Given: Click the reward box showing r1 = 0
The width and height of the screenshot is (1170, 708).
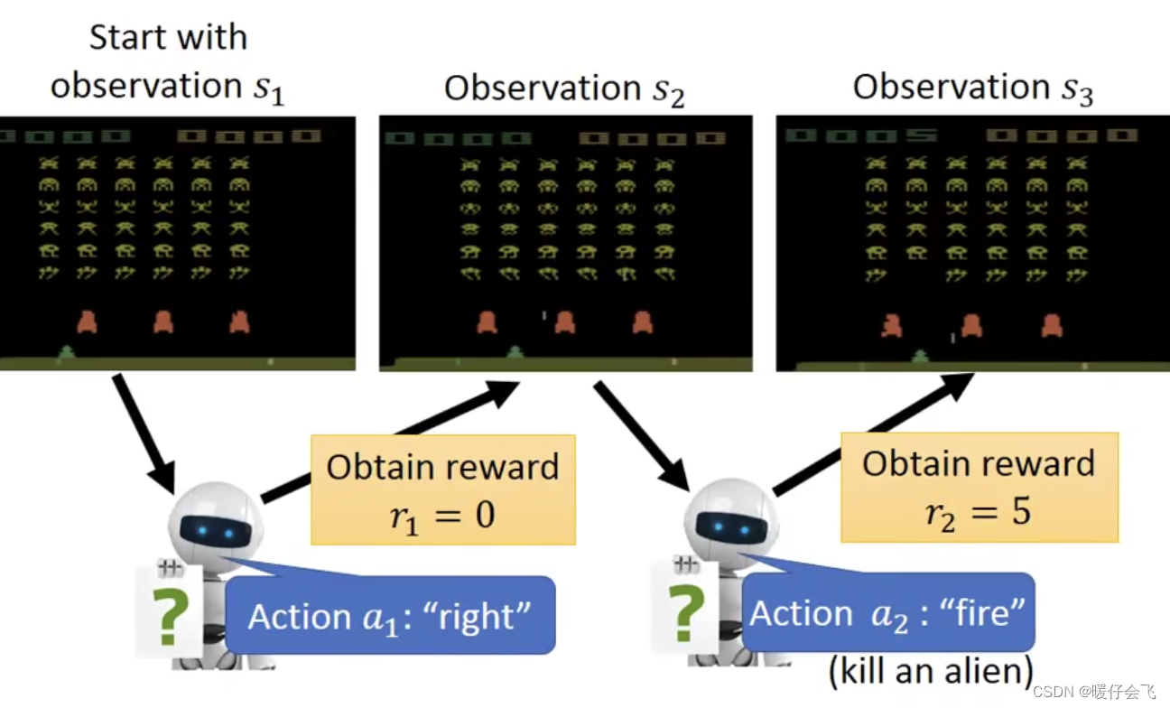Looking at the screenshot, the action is click(x=442, y=490).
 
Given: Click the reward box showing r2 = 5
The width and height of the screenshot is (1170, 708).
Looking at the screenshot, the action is click(x=980, y=487).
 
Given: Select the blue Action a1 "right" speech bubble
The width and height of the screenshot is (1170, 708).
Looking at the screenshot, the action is click(x=390, y=616).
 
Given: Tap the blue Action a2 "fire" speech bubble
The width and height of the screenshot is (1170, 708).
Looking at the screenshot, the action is click(x=887, y=613).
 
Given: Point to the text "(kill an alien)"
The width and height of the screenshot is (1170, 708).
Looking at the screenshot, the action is click(x=930, y=671).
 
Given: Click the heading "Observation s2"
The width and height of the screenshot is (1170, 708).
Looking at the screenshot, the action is click(x=565, y=89).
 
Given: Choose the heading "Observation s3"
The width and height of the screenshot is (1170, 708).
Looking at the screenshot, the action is click(x=973, y=88).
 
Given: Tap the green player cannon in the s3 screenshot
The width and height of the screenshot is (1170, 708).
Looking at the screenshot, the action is click(x=920, y=356).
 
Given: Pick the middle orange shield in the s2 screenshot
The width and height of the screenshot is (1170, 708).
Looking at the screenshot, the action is click(x=565, y=321).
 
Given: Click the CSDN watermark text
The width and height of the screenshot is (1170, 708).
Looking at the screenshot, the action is click(x=1093, y=692).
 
